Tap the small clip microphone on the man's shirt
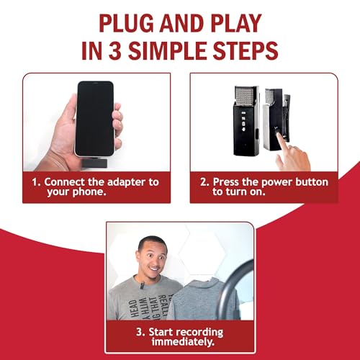pyautogui.click(x=143, y=287)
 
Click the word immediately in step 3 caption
pyautogui.click(x=179, y=343)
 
